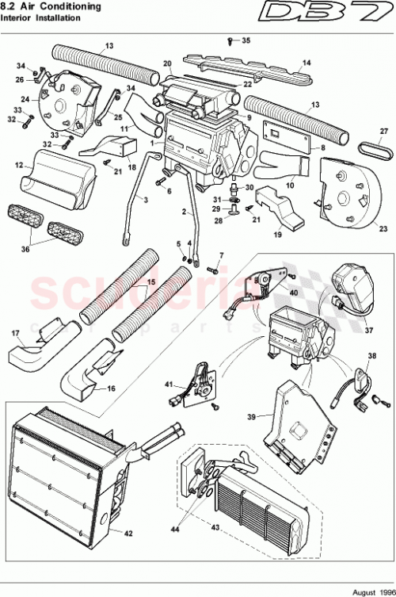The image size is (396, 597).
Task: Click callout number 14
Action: coord(307,63)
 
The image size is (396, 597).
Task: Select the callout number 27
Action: coord(383,132)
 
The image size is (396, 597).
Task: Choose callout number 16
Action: coord(110,389)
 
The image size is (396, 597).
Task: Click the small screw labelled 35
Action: coord(230,39)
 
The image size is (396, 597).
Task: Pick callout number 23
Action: coord(383,228)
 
